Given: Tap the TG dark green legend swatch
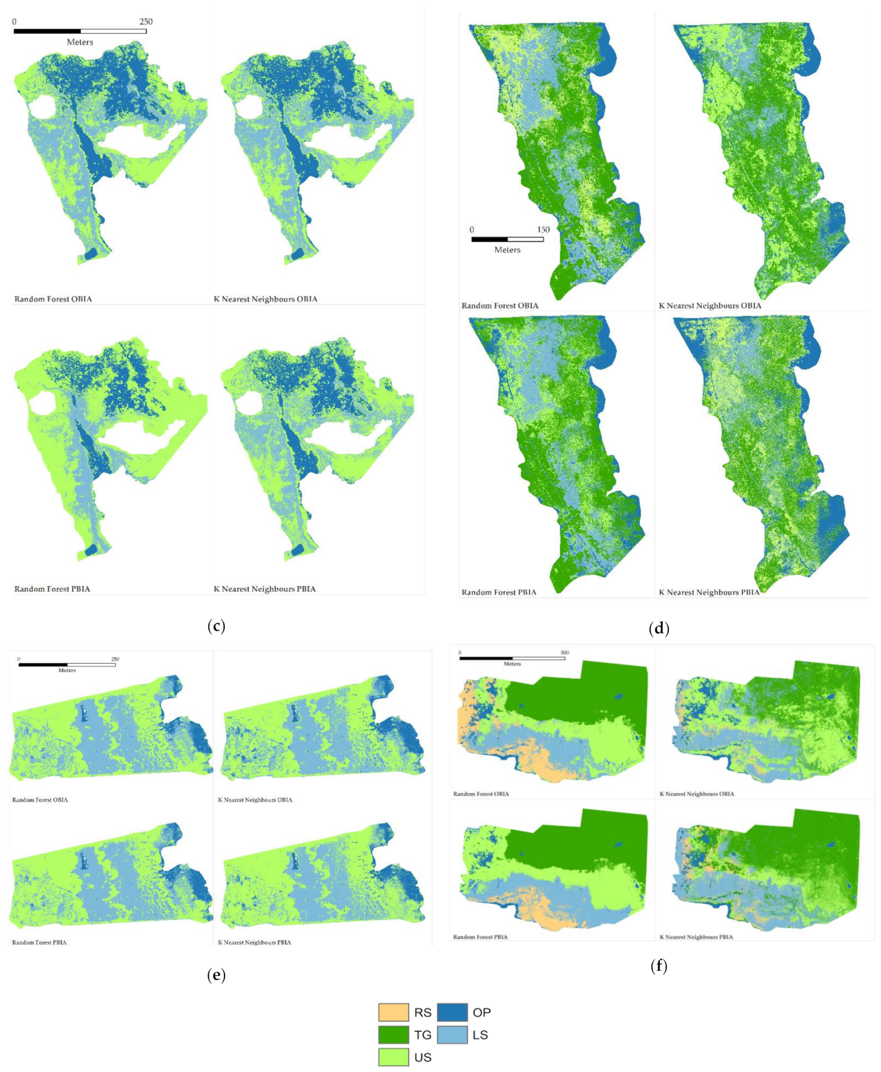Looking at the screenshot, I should pos(393,1034).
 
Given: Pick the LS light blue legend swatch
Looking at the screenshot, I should pos(452,1034).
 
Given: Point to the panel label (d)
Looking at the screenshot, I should pos(659,629).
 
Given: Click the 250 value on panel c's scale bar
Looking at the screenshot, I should pos(146,22).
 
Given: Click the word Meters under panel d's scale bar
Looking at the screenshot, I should pos(507,250).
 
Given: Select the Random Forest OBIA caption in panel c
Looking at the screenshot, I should pos(53,299).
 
